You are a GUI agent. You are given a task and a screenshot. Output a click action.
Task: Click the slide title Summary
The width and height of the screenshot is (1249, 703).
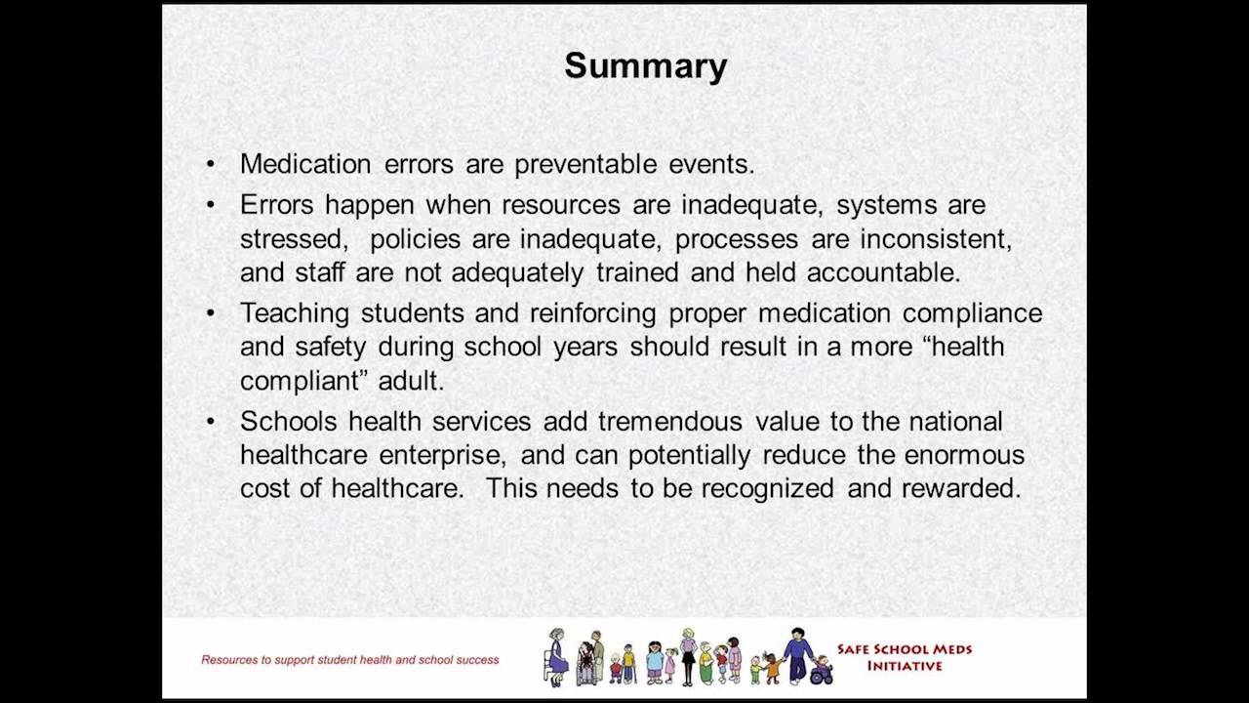pyautogui.click(x=645, y=66)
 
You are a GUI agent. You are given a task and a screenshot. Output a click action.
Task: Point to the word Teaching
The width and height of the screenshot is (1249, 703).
pyautogui.click(x=296, y=314)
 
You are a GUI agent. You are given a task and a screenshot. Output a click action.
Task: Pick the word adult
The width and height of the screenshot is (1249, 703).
pyautogui.click(x=413, y=381)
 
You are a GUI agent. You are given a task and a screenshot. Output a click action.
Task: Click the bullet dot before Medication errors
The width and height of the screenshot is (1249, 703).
pyautogui.click(x=212, y=165)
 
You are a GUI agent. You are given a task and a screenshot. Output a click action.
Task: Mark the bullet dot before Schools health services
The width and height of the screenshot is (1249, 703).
pyautogui.click(x=212, y=422)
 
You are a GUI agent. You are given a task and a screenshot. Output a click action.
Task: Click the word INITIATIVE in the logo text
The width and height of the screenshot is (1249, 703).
pyautogui.click(x=905, y=667)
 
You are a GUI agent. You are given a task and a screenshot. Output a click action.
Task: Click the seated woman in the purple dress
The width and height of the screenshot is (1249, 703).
pyautogui.click(x=556, y=657)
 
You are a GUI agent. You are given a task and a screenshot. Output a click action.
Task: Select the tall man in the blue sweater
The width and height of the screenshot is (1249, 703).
pyautogui.click(x=797, y=654)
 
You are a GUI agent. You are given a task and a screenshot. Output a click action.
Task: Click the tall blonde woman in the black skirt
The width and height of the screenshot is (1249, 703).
pyautogui.click(x=689, y=656)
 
